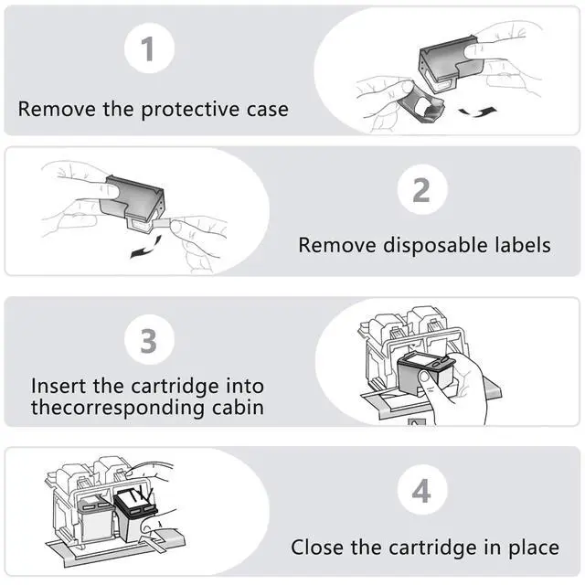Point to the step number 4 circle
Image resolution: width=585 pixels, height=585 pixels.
pos(421,492)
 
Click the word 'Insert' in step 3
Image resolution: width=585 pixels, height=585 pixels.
pos(60,386)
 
